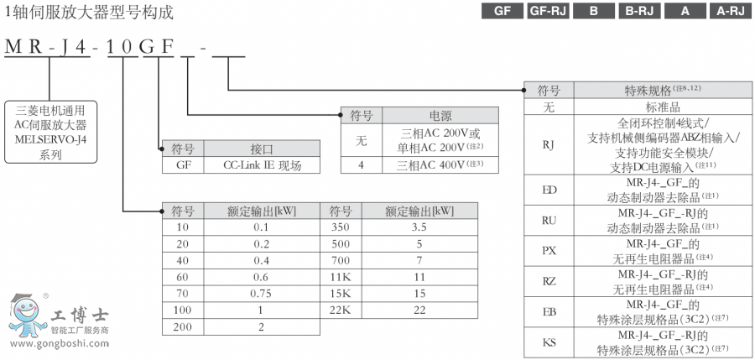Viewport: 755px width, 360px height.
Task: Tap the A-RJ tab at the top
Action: pyautogui.click(x=728, y=12)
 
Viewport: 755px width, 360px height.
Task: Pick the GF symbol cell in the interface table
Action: pyautogui.click(x=183, y=165)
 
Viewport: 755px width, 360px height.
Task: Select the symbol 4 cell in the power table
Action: pyautogui.click(x=361, y=164)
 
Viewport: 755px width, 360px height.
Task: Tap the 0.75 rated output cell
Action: pyautogui.click(x=261, y=294)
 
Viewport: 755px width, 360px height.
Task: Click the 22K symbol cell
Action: pyautogui.click(x=341, y=310)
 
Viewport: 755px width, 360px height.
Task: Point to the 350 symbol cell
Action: pyautogui.click(x=341, y=227)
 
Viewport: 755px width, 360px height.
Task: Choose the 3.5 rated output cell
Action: pyautogui.click(x=419, y=227)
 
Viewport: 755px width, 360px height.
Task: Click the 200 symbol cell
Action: pyautogui.click(x=183, y=327)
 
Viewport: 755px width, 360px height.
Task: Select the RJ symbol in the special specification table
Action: pyautogui.click(x=549, y=144)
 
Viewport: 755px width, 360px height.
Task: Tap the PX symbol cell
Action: pyautogui.click(x=549, y=250)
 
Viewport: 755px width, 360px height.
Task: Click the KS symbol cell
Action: pyautogui.click(x=549, y=342)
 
